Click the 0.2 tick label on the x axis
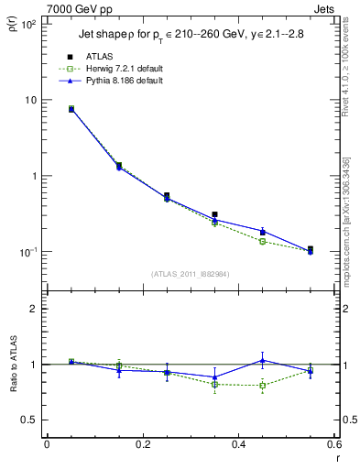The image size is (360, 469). click(142, 446)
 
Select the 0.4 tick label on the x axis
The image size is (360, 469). click(238, 446)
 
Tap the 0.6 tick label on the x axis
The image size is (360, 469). click(333, 446)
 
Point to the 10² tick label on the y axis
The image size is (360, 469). click(27, 25)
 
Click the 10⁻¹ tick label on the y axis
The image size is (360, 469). click(27, 252)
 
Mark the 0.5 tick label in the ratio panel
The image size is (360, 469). click(27, 420)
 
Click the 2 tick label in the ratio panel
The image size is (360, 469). click(33, 309)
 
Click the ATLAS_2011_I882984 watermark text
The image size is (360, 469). click(190, 273)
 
